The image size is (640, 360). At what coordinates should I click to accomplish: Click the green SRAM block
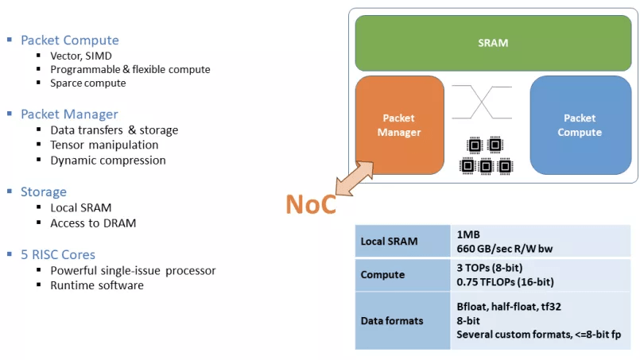pos(492,43)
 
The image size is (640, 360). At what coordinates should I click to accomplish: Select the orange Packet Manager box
pos(399,125)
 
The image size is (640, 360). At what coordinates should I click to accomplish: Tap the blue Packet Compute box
pos(580,125)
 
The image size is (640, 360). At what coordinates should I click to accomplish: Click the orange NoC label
pos(311,204)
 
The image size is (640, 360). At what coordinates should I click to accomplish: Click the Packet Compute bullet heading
pos(69,40)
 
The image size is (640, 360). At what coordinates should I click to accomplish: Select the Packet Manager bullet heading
pos(69,114)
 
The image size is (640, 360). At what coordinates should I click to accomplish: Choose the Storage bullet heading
pos(44,192)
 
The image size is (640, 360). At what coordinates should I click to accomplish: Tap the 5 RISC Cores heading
pos(58,254)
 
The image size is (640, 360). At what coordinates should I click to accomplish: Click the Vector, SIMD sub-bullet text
pos(81,56)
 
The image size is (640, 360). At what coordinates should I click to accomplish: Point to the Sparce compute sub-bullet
pos(87,83)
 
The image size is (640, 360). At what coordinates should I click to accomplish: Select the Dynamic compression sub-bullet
pos(107,160)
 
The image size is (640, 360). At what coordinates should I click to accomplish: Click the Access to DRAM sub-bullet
pos(93,223)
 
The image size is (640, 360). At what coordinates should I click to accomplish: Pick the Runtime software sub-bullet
pos(96,285)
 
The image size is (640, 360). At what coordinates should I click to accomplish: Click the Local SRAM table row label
pos(389,242)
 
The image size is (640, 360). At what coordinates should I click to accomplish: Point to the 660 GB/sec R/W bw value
pos(505,249)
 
